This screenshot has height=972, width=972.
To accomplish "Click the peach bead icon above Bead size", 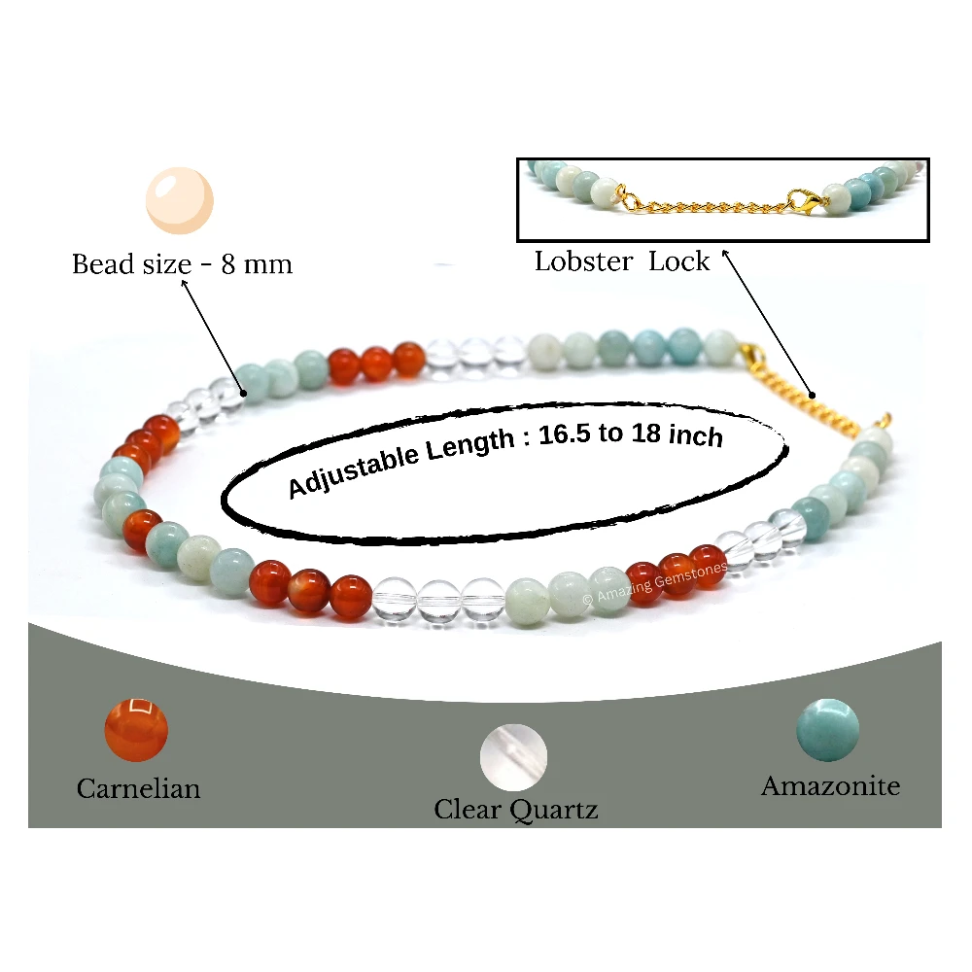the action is click(180, 200).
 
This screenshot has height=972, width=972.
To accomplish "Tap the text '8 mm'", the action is click(257, 264).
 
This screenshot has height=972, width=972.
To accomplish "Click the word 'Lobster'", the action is click(583, 260).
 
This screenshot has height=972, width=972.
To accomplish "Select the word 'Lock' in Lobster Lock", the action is click(678, 260).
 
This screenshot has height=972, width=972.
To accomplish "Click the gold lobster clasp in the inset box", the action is click(806, 200).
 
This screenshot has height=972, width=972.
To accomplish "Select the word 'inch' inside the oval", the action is click(696, 435).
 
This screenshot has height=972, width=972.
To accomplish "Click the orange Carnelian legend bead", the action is click(136, 730).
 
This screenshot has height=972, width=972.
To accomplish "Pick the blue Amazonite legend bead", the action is click(827, 730).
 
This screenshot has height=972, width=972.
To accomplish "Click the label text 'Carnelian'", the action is click(138, 788).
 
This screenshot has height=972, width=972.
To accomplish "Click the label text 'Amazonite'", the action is click(831, 786).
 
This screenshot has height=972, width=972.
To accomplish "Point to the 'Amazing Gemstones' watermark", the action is click(654, 582).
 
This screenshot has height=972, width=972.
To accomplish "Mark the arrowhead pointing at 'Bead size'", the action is click(184, 283).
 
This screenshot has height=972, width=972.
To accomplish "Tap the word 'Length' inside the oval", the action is click(470, 444).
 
